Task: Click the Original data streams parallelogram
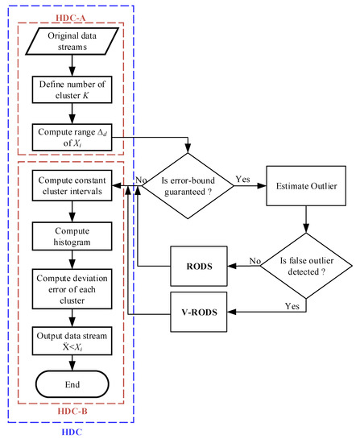click(72, 47)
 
